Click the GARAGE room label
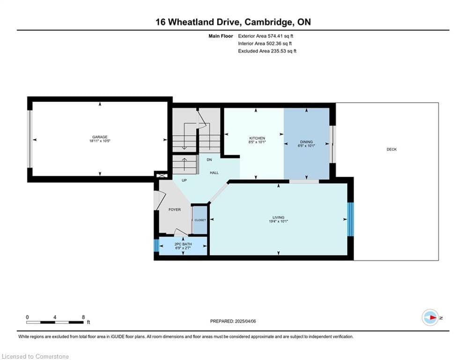(x=100, y=137)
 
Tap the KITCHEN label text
(x=257, y=138)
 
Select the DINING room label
(x=307, y=142)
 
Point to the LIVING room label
(x=279, y=217)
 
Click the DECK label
(x=392, y=150)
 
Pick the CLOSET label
(x=200, y=220)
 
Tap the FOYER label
(x=174, y=210)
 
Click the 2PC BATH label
(x=183, y=244)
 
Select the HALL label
(x=214, y=173)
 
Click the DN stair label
(x=209, y=159)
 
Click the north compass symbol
(x=430, y=317)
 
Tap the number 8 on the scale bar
(x=83, y=317)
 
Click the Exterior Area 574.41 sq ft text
(x=266, y=36)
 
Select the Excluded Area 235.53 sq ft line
(x=267, y=51)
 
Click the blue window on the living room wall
(x=350, y=219)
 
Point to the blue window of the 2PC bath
(x=156, y=246)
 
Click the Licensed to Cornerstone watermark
(x=35, y=357)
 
